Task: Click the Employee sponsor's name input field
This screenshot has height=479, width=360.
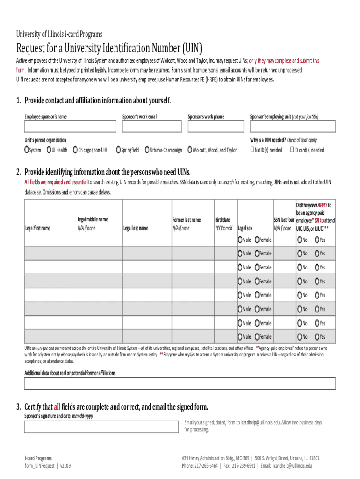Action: point(70,127)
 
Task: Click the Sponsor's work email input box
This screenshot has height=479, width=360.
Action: point(152,127)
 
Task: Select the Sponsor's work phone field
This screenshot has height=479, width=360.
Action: point(216,127)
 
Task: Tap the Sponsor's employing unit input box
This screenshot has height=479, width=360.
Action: point(292,127)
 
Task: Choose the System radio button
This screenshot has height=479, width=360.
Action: point(27,150)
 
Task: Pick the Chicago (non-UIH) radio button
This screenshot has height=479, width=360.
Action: point(76,150)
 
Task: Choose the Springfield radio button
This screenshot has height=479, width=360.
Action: point(119,150)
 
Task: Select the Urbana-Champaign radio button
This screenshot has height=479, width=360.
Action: point(147,150)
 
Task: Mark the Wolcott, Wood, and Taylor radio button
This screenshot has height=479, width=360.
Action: point(190,150)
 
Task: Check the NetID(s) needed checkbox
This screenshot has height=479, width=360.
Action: point(252,150)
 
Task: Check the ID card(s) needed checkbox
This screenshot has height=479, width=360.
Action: point(291,150)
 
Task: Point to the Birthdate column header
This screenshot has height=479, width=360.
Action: point(223,219)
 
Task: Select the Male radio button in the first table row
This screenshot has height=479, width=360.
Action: point(240,240)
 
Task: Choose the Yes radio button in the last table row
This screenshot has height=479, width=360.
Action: point(317,337)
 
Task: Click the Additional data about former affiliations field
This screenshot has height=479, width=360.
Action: point(180,384)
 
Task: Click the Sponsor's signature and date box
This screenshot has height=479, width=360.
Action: point(101,427)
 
